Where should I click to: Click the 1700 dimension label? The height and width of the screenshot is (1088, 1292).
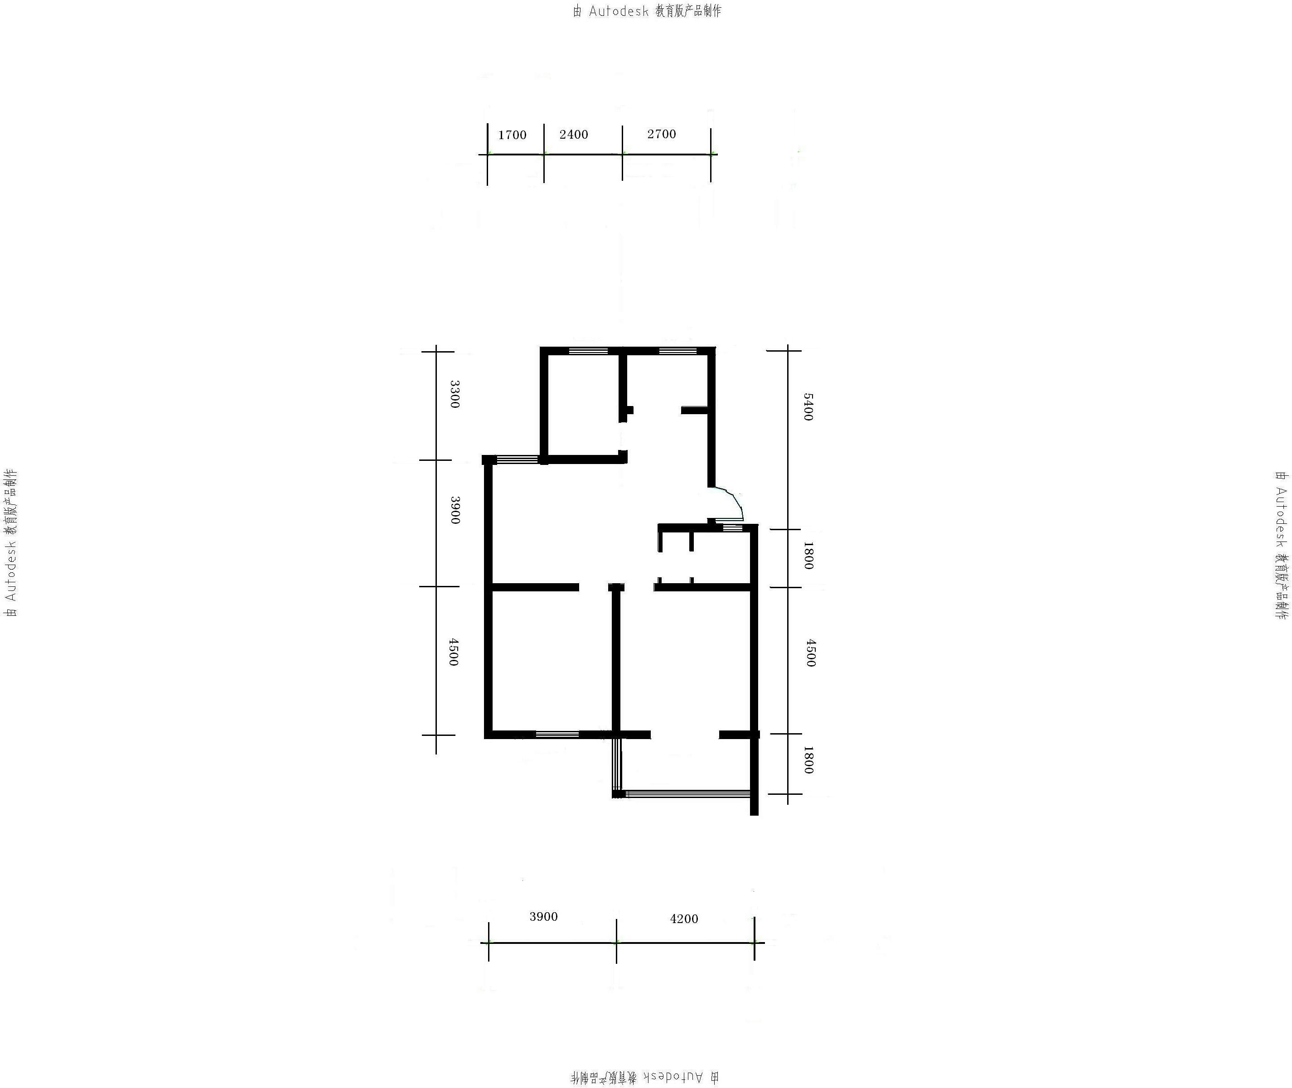click(x=512, y=135)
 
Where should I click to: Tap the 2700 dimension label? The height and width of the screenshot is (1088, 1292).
click(x=662, y=134)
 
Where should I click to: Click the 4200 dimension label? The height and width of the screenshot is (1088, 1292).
click(x=684, y=919)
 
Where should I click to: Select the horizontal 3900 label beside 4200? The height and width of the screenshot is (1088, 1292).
click(x=543, y=917)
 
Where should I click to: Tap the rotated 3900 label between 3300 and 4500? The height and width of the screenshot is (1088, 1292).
click(x=455, y=510)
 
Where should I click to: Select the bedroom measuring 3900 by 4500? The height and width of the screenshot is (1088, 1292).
click(x=552, y=660)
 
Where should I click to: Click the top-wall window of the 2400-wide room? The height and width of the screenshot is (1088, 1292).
click(x=588, y=351)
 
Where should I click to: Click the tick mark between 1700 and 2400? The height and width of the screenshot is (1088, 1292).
click(x=544, y=154)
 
